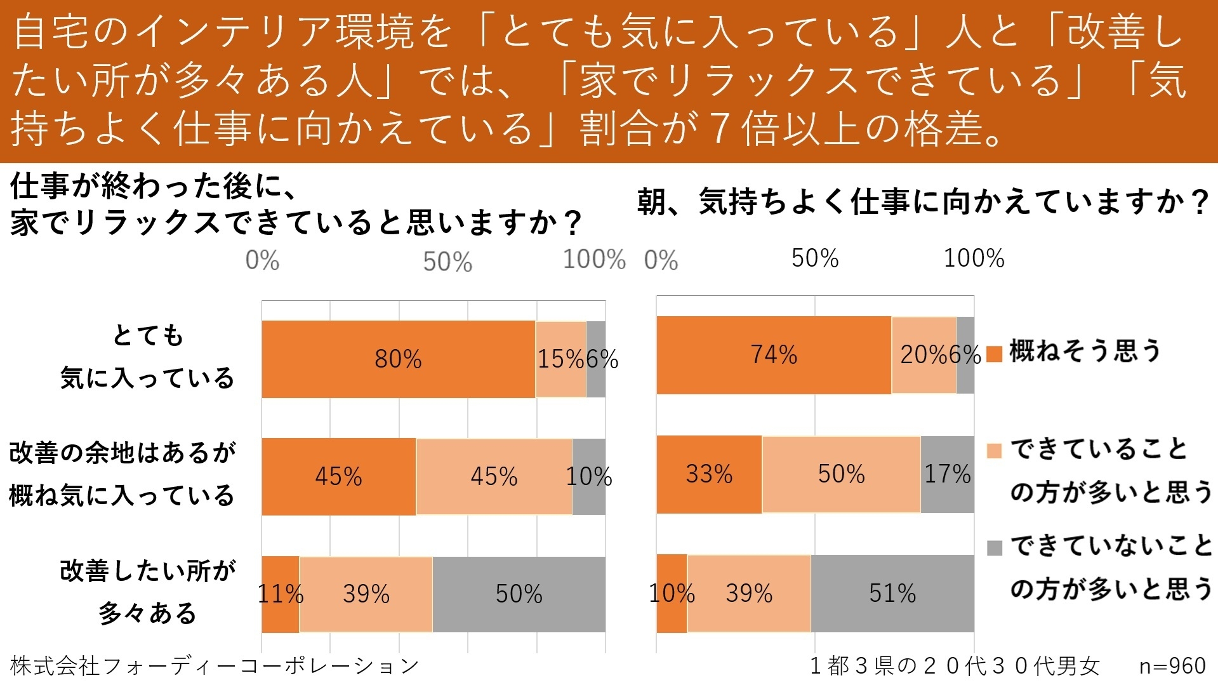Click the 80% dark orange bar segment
click(x=398, y=359)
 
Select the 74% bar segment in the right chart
click(x=773, y=355)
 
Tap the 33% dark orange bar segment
click(x=709, y=474)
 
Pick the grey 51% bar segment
click(x=892, y=594)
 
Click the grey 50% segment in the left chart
click(x=519, y=594)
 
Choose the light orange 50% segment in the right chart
click(x=841, y=474)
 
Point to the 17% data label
click(x=947, y=474)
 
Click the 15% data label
click(x=560, y=359)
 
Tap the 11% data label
click(x=281, y=594)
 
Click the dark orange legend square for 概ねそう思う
click(x=995, y=354)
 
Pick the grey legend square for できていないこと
click(x=995, y=547)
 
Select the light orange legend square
click(x=995, y=451)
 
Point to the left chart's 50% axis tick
click(x=447, y=262)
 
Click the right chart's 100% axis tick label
click(x=974, y=258)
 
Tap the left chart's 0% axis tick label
click(x=262, y=261)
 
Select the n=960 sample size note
click(x=1172, y=666)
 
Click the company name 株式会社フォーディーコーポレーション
click(x=215, y=666)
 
